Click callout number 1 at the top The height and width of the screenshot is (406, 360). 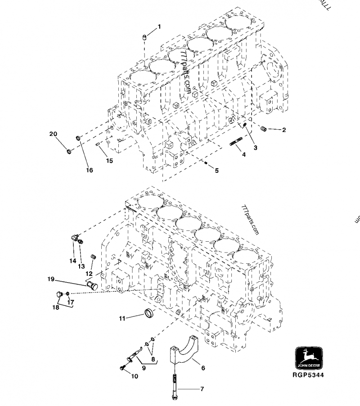(x=158, y=27)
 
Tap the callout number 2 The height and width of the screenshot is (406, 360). (x=284, y=130)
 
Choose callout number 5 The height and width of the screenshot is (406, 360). (x=216, y=171)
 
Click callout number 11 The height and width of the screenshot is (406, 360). (x=122, y=319)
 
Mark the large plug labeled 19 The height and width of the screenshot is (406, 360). (x=92, y=285)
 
